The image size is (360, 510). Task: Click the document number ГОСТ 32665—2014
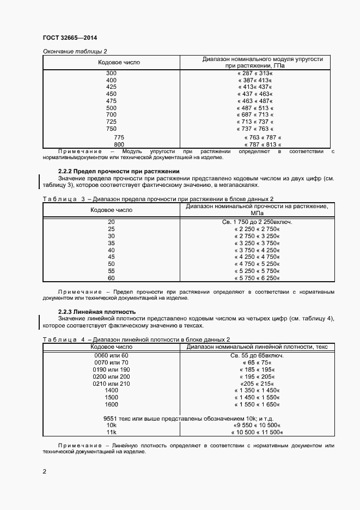pyautogui.click(x=70, y=38)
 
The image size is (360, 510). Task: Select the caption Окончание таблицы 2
pyautogui.click(x=75, y=51)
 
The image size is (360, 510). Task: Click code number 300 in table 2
pyautogui.click(x=111, y=73)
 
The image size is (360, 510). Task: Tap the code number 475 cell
pyautogui.click(x=111, y=101)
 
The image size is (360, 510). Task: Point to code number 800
pyautogui.click(x=119, y=144)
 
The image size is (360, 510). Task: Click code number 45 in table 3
pyautogui.click(x=111, y=257)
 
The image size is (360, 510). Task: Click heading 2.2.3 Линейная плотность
pyautogui.click(x=96, y=312)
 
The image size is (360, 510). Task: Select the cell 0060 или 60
pyautogui.click(x=111, y=355)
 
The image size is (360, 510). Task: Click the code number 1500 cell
pyautogui.click(x=111, y=398)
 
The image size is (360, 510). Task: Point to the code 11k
pyautogui.click(x=111, y=432)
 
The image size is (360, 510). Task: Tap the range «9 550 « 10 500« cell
pyautogui.click(x=257, y=424)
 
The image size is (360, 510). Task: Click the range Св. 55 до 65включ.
pyautogui.click(x=257, y=355)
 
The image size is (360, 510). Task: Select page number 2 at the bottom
pyautogui.click(x=44, y=471)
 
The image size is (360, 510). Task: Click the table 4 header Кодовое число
pyautogui.click(x=111, y=347)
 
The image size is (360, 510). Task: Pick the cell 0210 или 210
pyautogui.click(x=111, y=384)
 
